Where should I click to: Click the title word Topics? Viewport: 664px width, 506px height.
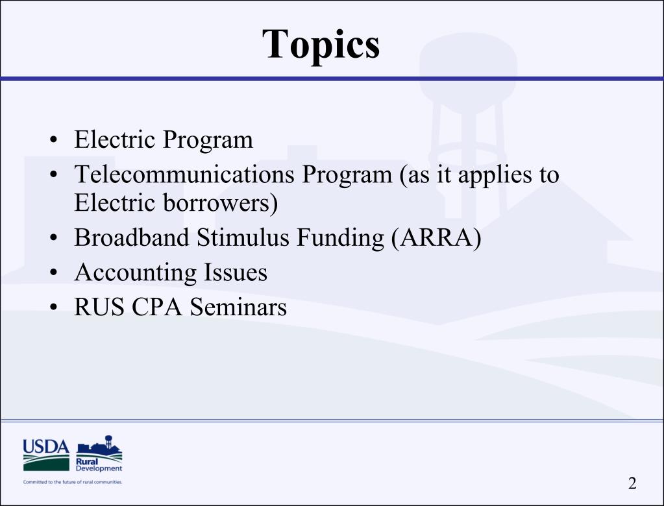[321, 44]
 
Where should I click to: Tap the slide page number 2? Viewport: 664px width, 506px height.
[632, 483]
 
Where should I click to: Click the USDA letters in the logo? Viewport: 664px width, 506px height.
[45, 447]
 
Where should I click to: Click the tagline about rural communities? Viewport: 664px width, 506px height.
[72, 482]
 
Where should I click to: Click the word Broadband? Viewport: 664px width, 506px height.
[132, 238]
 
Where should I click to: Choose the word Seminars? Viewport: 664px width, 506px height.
[238, 306]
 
